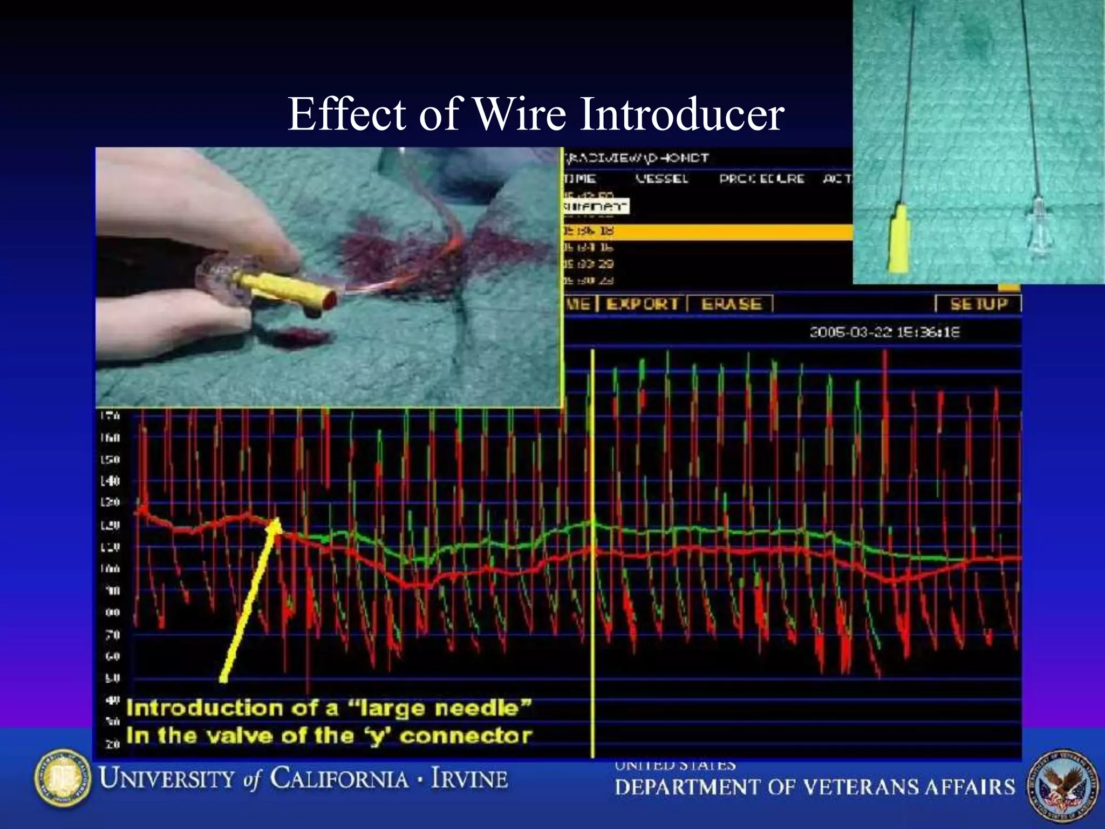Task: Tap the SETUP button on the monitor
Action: [978, 304]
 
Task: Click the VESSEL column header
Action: [661, 179]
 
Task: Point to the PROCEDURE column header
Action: [761, 179]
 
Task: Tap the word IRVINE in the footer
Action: [469, 779]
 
